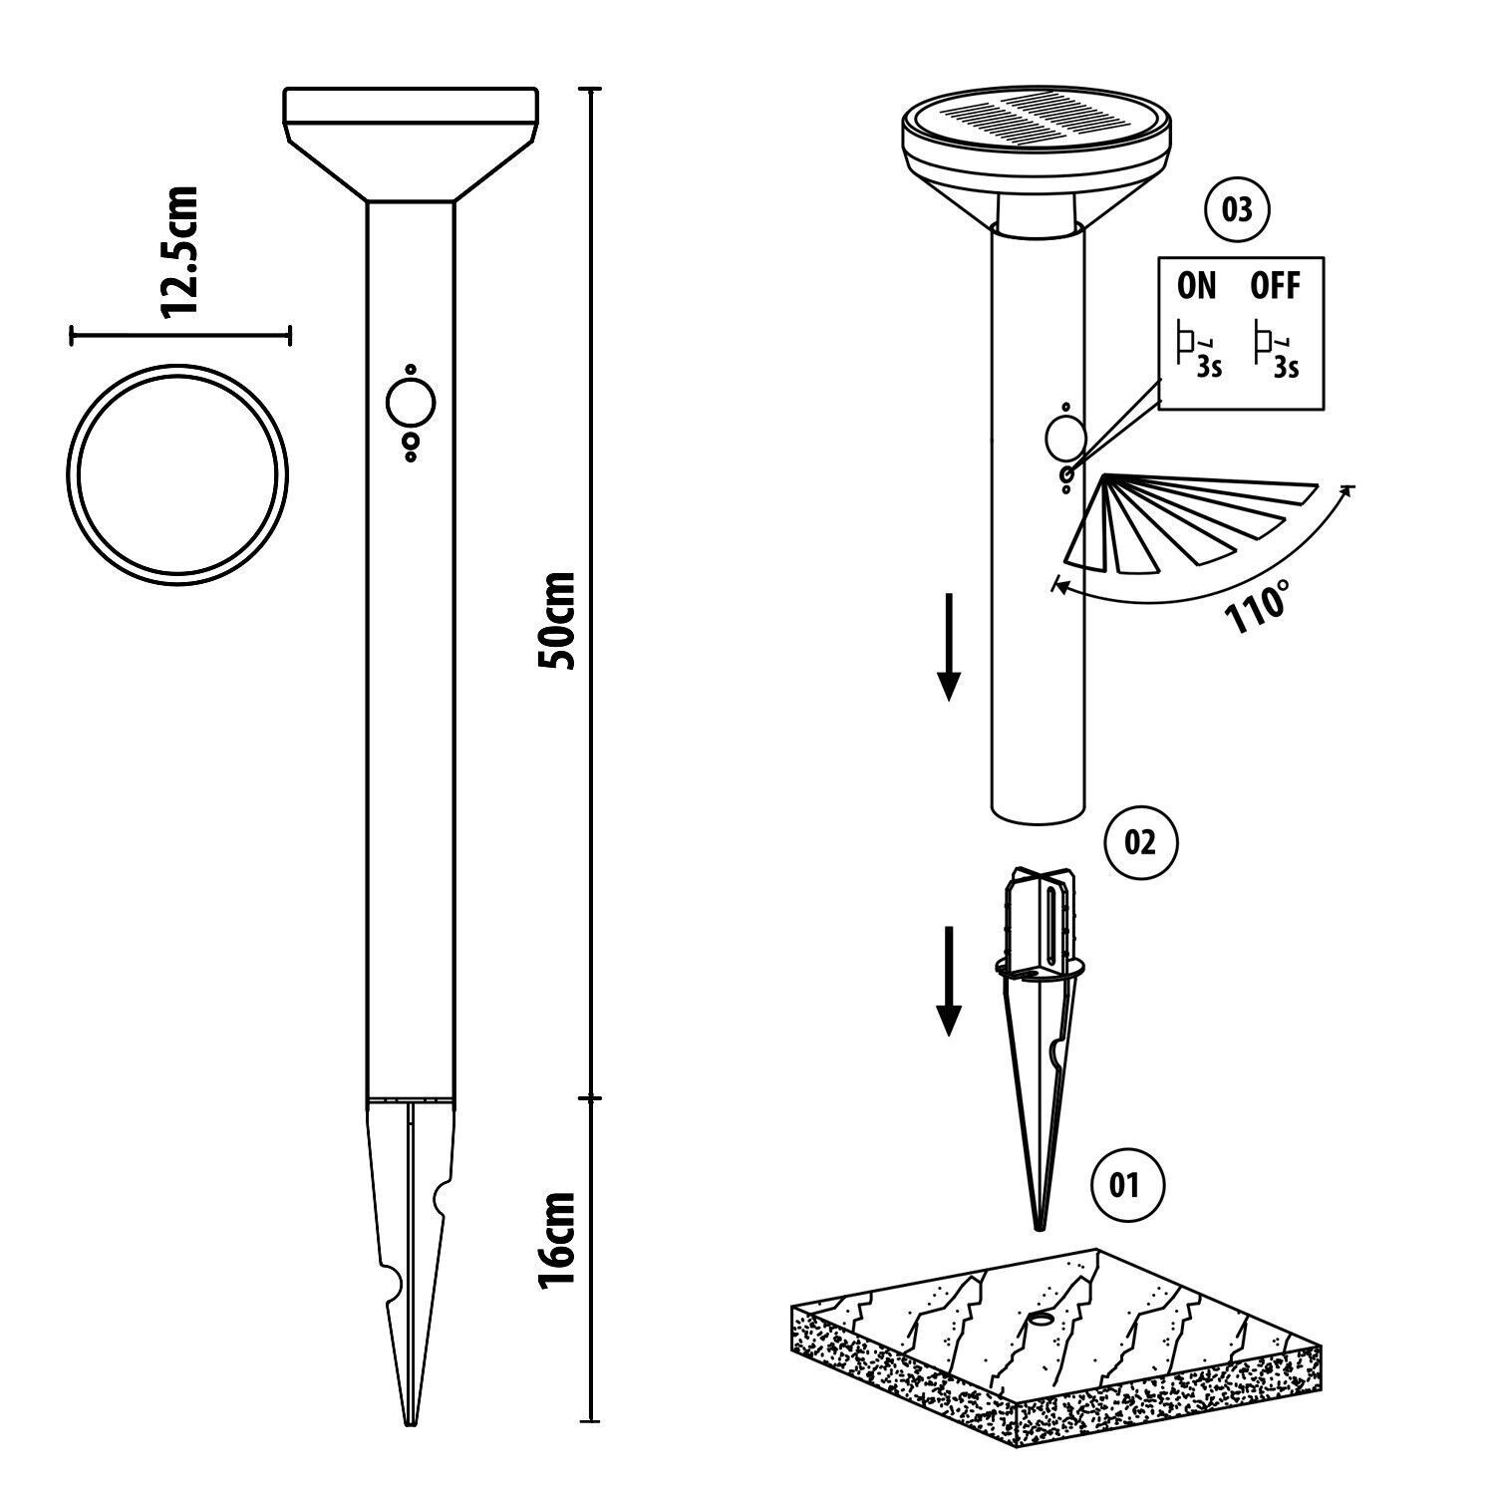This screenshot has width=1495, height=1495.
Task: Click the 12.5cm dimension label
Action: (180, 252)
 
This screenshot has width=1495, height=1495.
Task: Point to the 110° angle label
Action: (1259, 605)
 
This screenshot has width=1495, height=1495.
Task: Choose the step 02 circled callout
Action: (1141, 842)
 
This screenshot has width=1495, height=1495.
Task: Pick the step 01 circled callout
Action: (1123, 1185)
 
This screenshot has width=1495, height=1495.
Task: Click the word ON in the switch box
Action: (1197, 287)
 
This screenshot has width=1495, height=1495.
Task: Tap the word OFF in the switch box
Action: (1275, 287)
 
